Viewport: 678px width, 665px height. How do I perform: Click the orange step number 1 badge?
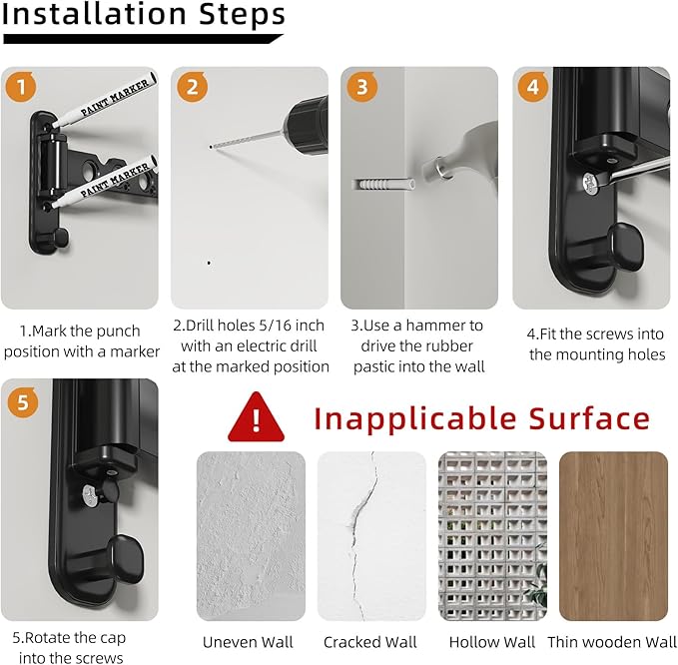click(21, 87)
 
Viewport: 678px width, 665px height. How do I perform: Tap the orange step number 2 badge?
click(192, 87)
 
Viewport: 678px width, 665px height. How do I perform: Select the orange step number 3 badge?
click(361, 87)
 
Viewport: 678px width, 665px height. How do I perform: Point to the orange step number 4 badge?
click(533, 87)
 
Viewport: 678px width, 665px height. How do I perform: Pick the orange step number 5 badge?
click(23, 402)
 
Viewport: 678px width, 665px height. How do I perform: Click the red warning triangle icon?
click(256, 416)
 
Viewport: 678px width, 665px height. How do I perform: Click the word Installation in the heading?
click(94, 14)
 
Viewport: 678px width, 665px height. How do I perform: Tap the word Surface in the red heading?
click(589, 418)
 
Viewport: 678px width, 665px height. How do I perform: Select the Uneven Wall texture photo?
click(251, 536)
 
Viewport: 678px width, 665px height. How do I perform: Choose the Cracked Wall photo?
click(371, 536)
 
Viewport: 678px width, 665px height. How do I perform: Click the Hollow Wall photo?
click(492, 536)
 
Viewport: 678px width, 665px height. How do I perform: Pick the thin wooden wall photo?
click(613, 536)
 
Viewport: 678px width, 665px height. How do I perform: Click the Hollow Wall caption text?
click(492, 642)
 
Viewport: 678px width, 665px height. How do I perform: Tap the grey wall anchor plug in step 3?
click(383, 185)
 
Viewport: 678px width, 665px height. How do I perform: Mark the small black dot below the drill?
click(209, 263)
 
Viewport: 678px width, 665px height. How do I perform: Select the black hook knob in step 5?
click(126, 558)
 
